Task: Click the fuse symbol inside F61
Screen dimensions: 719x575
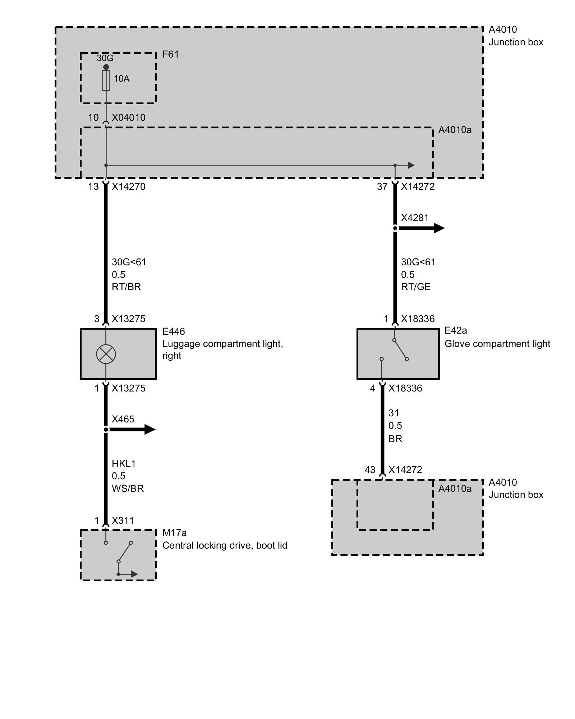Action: [106, 80]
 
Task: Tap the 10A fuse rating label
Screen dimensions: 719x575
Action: [121, 79]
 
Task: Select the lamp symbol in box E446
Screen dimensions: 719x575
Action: [106, 354]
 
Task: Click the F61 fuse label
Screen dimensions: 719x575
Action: [170, 54]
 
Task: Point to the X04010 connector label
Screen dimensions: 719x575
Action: [128, 118]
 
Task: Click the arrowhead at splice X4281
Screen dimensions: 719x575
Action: [439, 228]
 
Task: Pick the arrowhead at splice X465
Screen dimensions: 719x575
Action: [149, 430]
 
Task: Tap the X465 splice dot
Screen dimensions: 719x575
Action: [106, 430]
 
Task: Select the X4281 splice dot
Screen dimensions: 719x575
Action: [395, 228]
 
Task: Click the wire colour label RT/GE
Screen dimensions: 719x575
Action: [416, 287]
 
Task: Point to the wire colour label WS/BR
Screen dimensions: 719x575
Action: [128, 489]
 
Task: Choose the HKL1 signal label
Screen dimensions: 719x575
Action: [124, 464]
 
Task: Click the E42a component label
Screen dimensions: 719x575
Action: [456, 330]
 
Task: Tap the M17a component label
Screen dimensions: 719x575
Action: [174, 533]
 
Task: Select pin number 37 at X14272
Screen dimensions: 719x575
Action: [382, 187]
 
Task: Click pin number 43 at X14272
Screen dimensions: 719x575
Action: [370, 470]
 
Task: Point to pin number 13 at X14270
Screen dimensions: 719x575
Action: [93, 187]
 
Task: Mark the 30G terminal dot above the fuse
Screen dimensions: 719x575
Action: [106, 67]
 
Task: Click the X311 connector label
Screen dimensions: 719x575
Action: [123, 521]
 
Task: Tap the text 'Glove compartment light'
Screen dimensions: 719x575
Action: [497, 344]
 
